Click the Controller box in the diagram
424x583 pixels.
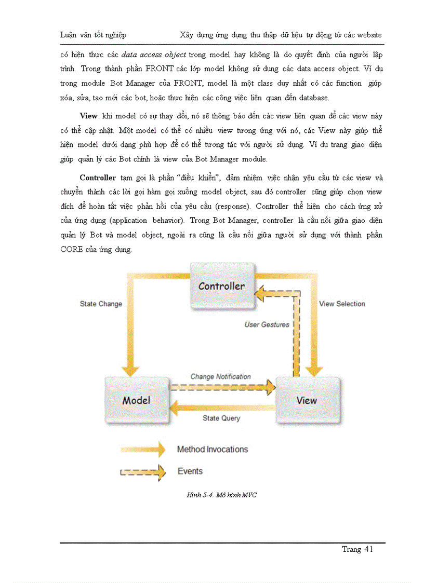(222, 286)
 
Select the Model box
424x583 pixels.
(136, 400)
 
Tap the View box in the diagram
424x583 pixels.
(307, 400)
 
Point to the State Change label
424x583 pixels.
(101, 304)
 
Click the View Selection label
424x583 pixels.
(342, 304)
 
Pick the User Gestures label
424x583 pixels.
(267, 324)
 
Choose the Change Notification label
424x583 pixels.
(220, 376)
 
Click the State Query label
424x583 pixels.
(221, 418)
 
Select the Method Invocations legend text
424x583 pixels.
(212, 450)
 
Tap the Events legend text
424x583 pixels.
(190, 471)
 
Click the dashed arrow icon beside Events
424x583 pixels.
(143, 472)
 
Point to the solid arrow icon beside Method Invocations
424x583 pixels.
(143, 450)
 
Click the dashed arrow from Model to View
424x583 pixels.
(222, 386)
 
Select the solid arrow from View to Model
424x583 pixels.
(222, 408)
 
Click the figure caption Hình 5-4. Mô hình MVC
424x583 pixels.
(221, 495)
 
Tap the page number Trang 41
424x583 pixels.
(357, 549)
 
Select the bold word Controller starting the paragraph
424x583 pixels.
(98, 178)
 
